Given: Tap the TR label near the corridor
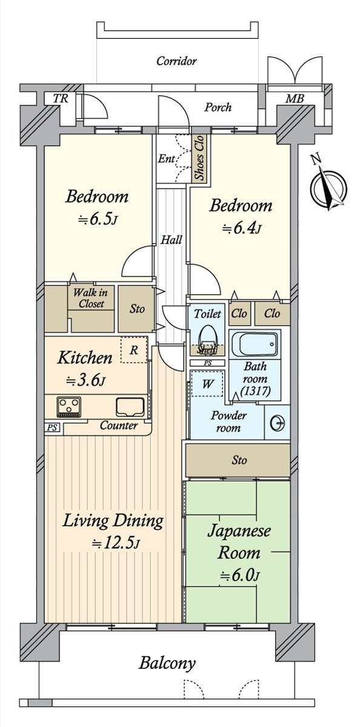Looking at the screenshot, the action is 59,98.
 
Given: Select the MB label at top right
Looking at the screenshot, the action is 292,98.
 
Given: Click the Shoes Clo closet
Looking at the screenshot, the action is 199,159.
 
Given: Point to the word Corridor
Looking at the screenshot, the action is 176,61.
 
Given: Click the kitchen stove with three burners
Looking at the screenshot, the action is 68,407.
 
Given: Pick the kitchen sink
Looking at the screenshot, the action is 129,407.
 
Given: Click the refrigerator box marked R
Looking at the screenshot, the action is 133,350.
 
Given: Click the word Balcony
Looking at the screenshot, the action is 167,663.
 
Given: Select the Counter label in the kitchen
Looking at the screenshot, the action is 119,425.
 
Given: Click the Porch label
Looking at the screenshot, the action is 218,107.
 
